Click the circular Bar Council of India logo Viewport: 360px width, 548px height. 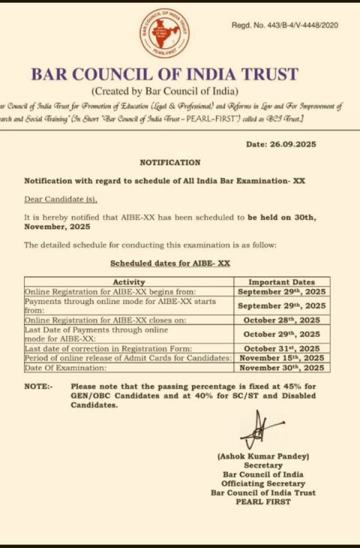tap(164, 32)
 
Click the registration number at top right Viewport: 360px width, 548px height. tap(285, 26)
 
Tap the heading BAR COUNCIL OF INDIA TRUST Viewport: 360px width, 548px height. tap(165, 74)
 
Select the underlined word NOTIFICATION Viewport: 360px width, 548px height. tap(170, 162)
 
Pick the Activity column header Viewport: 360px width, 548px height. tap(128, 282)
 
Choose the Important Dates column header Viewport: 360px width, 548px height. tap(281, 282)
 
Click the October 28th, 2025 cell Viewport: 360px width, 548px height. tap(281, 320)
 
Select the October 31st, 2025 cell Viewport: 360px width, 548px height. tap(281, 348)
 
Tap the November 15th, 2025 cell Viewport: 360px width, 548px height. tap(281, 358)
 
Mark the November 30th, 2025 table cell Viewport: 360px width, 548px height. tap(281, 368)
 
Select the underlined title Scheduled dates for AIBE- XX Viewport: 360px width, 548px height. tap(170, 263)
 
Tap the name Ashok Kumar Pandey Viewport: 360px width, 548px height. tap(263, 456)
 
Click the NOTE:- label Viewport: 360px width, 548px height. tap(38, 386)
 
